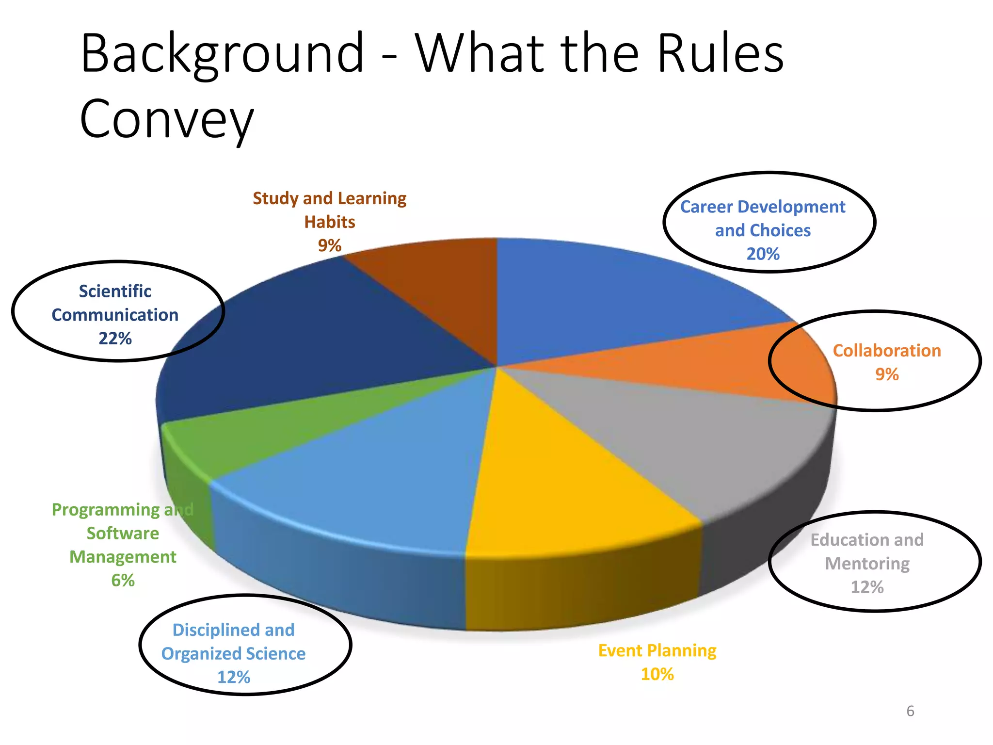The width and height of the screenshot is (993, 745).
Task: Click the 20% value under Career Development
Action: coord(763,254)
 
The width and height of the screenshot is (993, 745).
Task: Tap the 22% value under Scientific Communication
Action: coord(115,338)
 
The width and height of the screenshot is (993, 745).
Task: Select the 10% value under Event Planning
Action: coord(657,674)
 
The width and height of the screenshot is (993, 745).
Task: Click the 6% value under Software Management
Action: coord(123,580)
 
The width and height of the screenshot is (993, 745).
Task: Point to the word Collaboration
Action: coord(886,351)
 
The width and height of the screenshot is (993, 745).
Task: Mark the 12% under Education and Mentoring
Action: coord(867,587)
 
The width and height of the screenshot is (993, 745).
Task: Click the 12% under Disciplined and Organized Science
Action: coord(233,677)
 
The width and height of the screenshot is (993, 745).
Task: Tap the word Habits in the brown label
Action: coord(329,222)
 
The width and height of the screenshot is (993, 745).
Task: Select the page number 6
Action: coord(910,711)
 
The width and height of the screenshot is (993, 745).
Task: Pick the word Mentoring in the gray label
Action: coord(867,563)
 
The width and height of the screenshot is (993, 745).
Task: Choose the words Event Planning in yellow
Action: coord(657,650)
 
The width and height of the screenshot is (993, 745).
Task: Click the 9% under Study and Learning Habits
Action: coord(329,245)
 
